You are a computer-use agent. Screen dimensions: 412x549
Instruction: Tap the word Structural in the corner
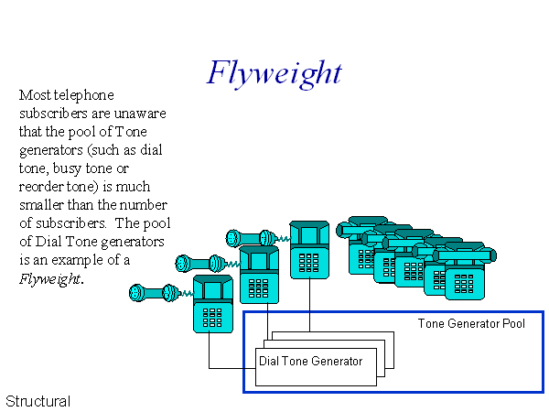(x=38, y=401)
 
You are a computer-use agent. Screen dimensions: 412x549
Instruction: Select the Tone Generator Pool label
(x=471, y=324)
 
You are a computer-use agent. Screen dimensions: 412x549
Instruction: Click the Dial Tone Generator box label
(x=311, y=361)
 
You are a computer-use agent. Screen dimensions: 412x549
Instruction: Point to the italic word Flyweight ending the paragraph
(x=49, y=278)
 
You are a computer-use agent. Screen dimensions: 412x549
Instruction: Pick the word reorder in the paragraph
(x=44, y=168)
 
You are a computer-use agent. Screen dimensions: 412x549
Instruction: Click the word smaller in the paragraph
(x=44, y=205)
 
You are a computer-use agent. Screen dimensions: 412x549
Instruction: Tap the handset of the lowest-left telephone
(x=150, y=293)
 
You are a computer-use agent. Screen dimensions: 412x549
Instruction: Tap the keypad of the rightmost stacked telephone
(x=470, y=279)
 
